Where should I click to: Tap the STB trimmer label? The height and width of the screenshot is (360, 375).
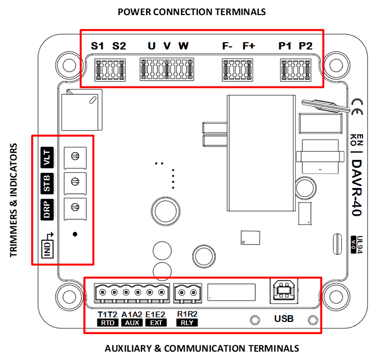47,183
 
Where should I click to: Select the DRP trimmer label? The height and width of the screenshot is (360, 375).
47,209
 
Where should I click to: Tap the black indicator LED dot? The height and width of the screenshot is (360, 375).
75,234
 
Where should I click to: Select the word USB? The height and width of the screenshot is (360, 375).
284,318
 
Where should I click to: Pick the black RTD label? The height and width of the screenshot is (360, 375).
108,323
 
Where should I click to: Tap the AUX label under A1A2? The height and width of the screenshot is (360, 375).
132,323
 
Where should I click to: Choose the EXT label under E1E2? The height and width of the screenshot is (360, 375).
156,323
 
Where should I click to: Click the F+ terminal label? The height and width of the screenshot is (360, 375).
249,46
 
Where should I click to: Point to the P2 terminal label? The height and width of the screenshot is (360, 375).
305,46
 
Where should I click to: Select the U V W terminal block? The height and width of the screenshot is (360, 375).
166,70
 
